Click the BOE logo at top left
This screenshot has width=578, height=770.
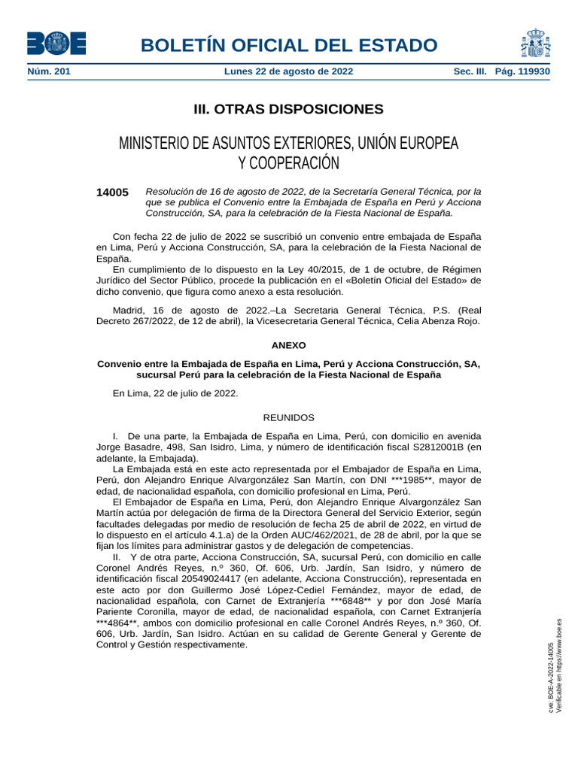coord(56,44)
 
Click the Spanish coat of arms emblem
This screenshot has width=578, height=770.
coord(534,44)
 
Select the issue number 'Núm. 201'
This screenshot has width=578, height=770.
coord(49,71)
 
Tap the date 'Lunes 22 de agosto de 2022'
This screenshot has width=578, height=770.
coord(288,71)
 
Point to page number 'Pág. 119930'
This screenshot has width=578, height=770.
coord(522,71)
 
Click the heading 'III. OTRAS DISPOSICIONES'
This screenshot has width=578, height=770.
coord(288,109)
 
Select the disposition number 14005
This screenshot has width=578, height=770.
coord(112,192)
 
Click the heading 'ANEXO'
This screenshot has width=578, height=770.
coord(288,345)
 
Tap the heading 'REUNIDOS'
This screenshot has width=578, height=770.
coord(288,417)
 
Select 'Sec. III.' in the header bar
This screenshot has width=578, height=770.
coord(470,71)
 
